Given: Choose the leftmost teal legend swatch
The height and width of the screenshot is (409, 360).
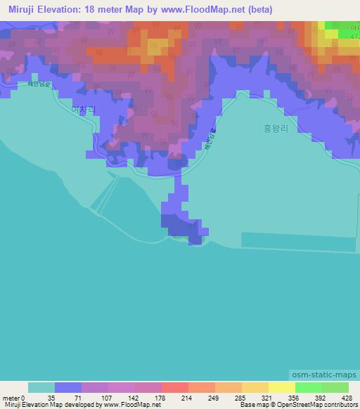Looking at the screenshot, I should click(41, 387).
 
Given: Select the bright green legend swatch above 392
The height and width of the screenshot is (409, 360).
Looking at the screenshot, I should click(308, 387).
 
